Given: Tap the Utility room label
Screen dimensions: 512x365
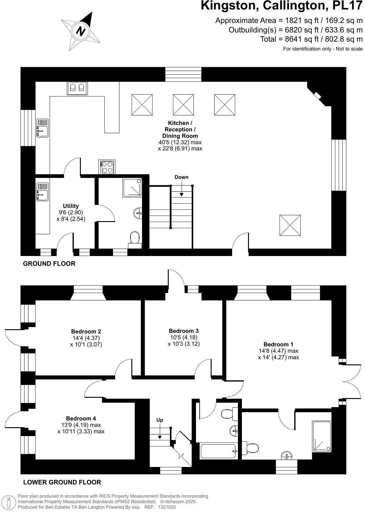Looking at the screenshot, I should [x=71, y=206].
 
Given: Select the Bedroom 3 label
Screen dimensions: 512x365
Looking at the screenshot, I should [x=184, y=331].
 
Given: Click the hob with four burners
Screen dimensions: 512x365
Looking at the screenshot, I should [x=107, y=167].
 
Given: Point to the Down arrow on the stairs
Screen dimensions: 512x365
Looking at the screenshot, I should [x=182, y=190].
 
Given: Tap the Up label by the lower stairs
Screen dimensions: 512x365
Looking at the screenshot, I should [x=160, y=420].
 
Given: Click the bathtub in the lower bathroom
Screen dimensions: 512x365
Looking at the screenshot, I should [x=218, y=451].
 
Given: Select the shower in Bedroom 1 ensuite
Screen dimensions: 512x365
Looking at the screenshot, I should [x=322, y=436].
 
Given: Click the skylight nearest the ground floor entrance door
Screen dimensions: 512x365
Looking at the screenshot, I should [x=290, y=225].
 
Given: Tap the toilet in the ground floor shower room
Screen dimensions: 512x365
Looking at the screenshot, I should [x=135, y=239].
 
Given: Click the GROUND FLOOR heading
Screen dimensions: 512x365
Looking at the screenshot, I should [x=49, y=264].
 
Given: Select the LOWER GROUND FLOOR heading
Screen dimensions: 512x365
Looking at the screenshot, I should [x=62, y=482].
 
